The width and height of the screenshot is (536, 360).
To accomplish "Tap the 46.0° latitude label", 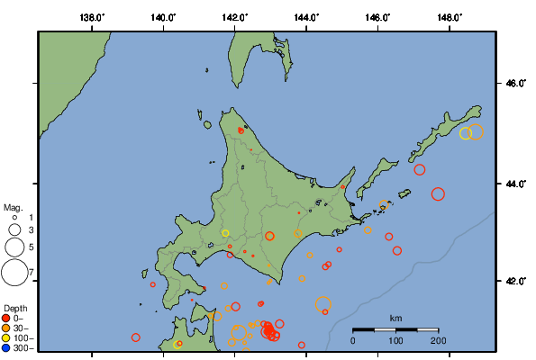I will (x=515, y=84).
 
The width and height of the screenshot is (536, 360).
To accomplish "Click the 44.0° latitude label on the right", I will (x=515, y=184).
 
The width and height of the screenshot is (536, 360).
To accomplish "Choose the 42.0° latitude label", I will (x=515, y=282).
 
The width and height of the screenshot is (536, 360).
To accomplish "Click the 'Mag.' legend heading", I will (x=13, y=207).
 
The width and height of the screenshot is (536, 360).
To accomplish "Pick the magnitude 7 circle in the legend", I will (x=14, y=271).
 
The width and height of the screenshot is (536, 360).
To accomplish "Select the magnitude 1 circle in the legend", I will (x=14, y=218).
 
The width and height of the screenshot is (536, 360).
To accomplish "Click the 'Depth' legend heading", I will (x=15, y=308).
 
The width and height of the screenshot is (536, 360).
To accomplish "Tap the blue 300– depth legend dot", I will (x=6, y=347).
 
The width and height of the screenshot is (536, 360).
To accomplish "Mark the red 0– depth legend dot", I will (x=6, y=318).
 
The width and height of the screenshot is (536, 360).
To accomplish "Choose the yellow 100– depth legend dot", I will (x=6, y=337).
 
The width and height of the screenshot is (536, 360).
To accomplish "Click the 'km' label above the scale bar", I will (x=395, y=319).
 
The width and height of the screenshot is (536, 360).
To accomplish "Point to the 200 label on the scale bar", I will (x=439, y=340).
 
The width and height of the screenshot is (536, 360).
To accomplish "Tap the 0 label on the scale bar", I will (x=353, y=340).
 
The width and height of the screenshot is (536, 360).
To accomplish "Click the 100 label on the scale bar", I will (x=395, y=340).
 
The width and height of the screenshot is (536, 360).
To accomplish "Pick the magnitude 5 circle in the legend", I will (x=14, y=246).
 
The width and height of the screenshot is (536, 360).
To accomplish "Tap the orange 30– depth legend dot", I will (x=6, y=328).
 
